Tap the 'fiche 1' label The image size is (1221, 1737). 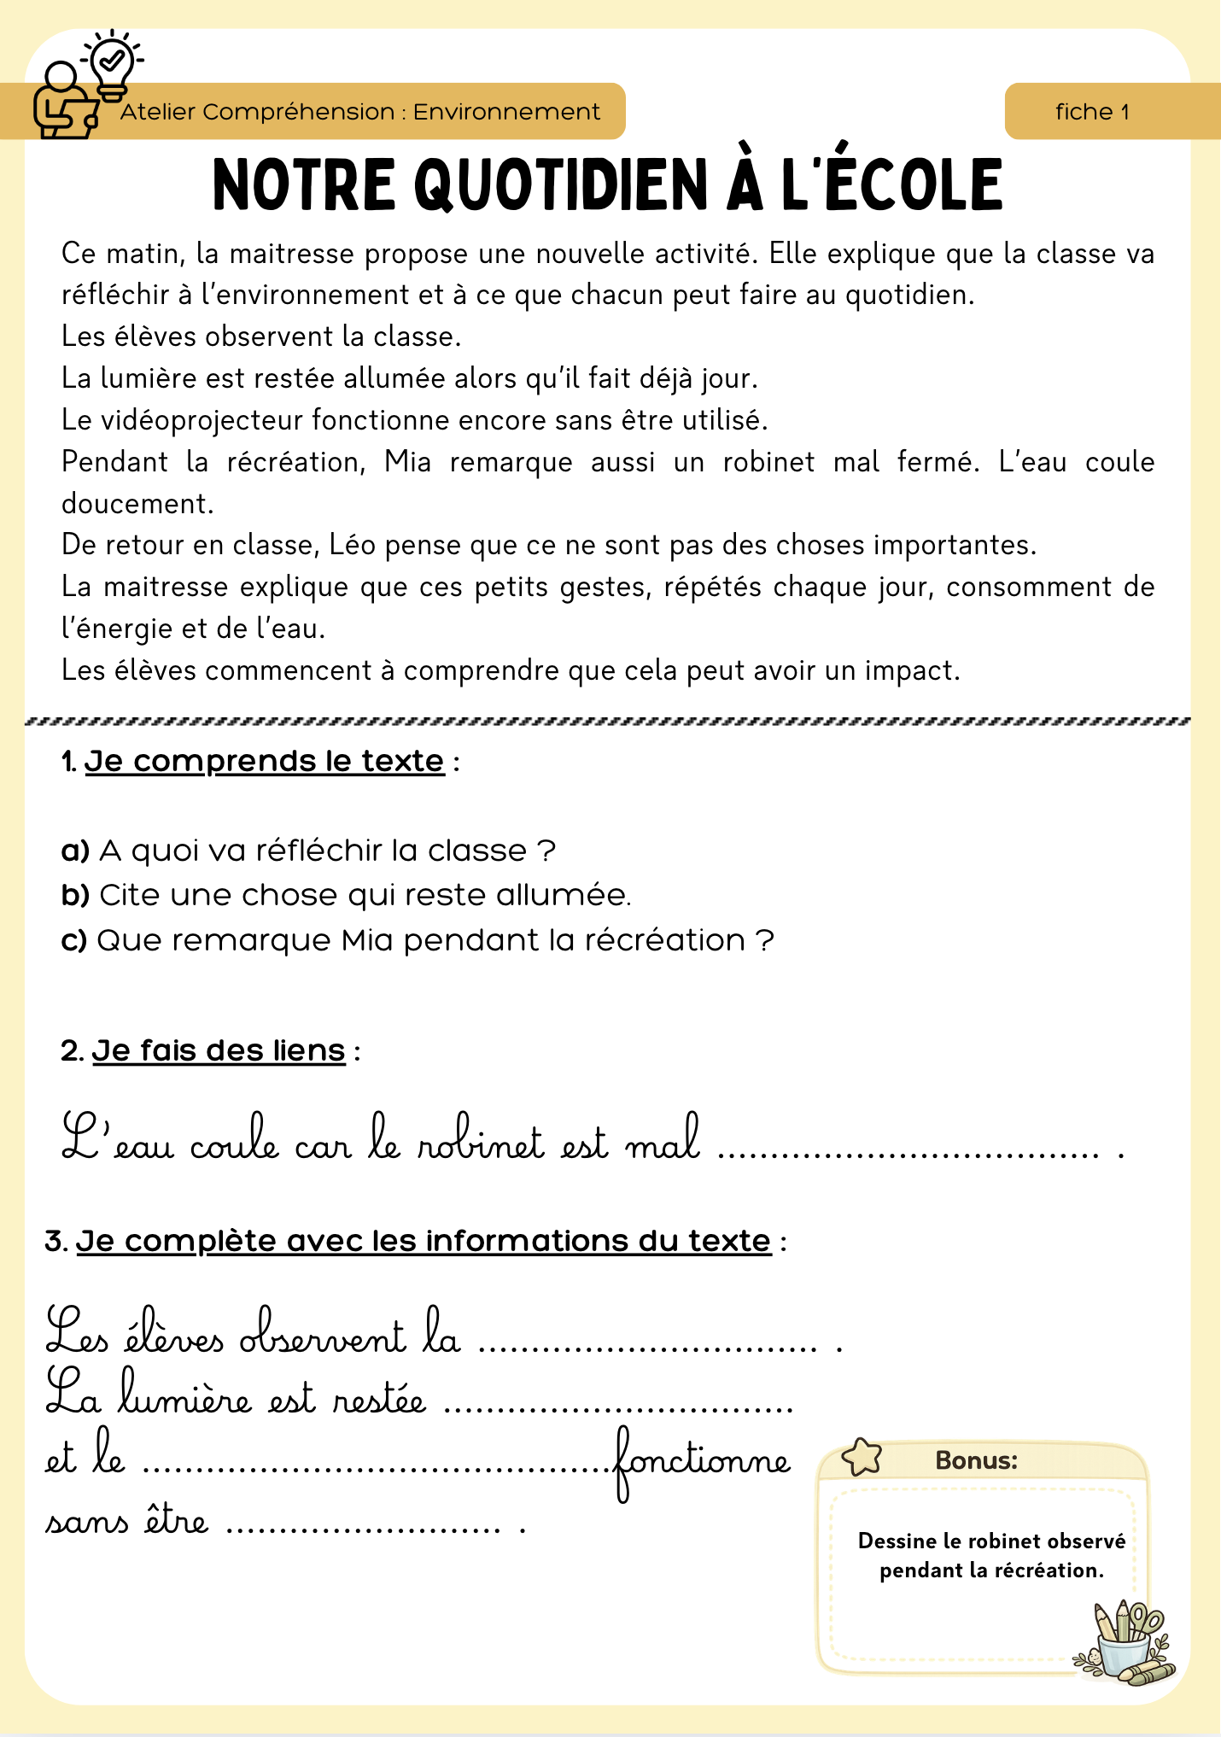1092,112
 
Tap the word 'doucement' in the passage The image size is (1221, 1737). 137,504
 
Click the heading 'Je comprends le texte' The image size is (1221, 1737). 264,761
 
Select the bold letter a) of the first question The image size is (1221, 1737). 75,851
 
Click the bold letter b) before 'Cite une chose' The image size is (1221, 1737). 75,896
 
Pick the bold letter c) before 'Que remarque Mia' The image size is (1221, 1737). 74,941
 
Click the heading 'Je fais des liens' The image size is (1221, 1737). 219,1050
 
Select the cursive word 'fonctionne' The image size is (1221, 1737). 702,1461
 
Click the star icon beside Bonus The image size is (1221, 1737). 862,1458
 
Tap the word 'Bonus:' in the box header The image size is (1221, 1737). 977,1460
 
